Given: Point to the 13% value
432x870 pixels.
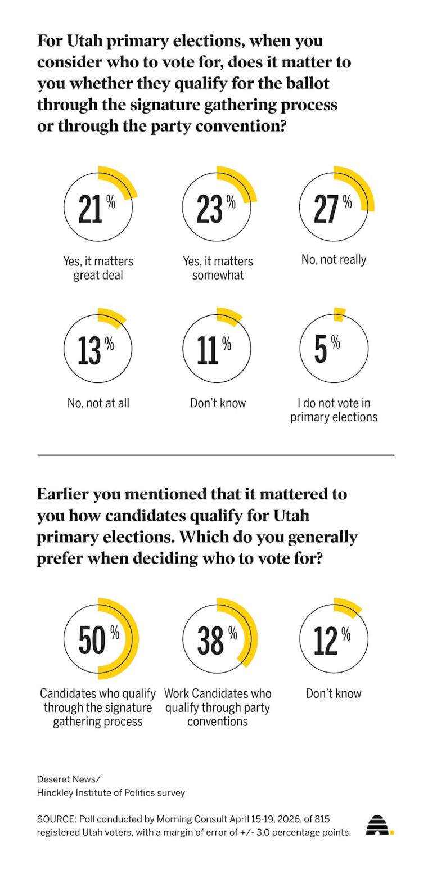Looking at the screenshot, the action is tap(96, 350).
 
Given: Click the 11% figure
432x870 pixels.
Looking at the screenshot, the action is tap(214, 350).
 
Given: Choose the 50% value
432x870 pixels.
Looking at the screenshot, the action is tap(98, 640).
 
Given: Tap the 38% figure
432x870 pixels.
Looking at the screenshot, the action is tap(217, 640).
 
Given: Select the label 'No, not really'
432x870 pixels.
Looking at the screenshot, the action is tap(334, 259).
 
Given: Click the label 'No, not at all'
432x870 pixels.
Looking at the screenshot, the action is tap(98, 403).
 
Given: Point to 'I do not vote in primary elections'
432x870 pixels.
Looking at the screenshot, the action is tap(334, 410).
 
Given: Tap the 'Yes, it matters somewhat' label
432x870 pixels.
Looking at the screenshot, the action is tap(218, 268).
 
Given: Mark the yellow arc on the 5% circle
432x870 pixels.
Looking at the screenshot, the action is tap(339, 314).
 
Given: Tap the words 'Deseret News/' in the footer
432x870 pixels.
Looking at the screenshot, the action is tap(69, 779).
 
